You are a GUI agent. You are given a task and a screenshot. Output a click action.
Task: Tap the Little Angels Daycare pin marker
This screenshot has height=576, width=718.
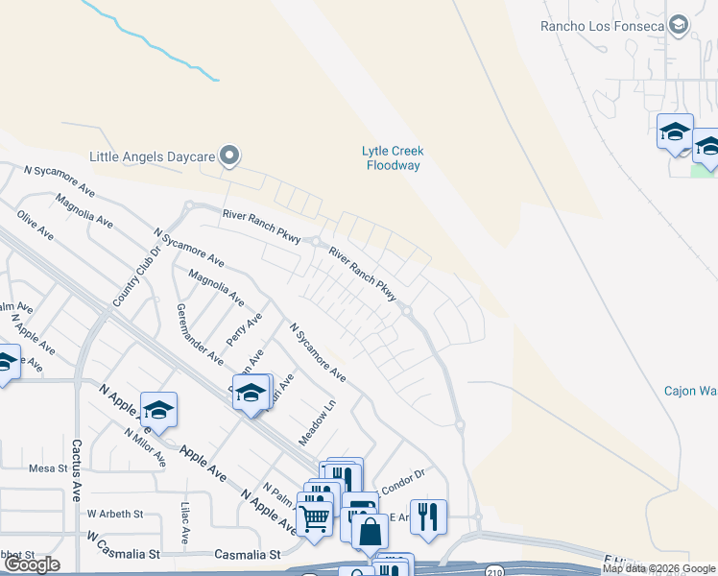pos(228,155)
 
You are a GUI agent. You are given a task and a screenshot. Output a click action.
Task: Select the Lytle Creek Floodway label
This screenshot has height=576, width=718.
pos(392,158)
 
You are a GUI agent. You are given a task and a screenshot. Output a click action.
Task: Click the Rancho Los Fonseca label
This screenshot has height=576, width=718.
pos(603,26)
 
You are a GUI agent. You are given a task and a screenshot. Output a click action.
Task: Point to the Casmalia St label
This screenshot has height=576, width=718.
pos(247,554)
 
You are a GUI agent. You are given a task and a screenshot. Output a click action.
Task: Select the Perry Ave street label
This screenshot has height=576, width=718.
pos(245,330)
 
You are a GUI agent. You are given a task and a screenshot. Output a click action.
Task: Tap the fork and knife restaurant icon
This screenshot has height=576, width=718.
pos(428,515)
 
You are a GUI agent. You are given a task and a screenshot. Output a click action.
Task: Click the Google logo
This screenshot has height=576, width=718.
pos(31,564)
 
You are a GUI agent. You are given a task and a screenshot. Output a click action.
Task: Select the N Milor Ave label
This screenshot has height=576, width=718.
pos(145,446)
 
